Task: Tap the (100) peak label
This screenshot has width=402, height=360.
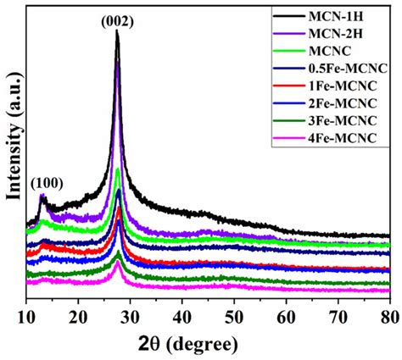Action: [x=46, y=182]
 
